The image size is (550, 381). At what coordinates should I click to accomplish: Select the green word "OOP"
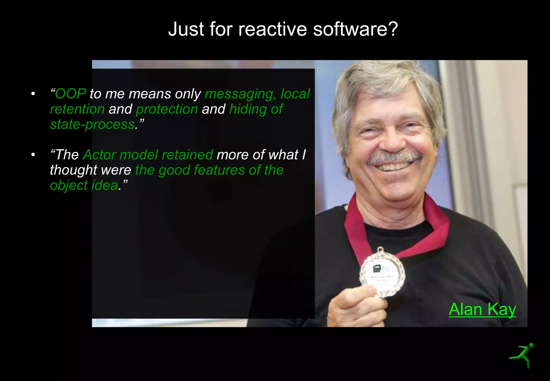71,94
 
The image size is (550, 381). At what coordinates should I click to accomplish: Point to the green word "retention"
77,109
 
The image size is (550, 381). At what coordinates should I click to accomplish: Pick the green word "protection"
167,109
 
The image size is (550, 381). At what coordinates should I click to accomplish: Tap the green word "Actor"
99,155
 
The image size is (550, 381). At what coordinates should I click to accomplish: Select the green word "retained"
187,155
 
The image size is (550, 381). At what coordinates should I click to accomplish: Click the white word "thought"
73,170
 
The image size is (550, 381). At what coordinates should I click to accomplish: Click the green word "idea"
105,185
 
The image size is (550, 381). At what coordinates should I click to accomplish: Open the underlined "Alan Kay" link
482,309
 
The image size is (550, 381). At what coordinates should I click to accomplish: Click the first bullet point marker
33,94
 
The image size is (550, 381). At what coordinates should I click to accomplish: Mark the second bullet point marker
33,155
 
